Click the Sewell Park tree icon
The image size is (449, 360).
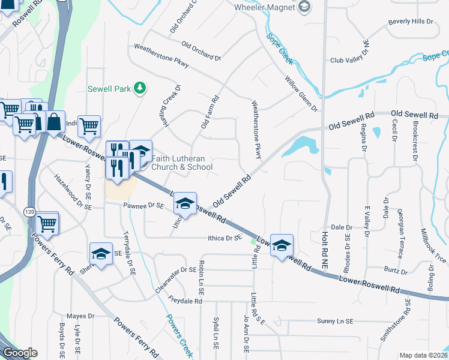(140, 88)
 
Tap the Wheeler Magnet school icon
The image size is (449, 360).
(305, 7)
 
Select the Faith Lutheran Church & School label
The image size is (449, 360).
(179, 163)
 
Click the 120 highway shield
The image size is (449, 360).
(29, 212)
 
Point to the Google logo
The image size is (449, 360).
(20, 353)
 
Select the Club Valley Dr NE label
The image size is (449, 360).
(352, 60)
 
